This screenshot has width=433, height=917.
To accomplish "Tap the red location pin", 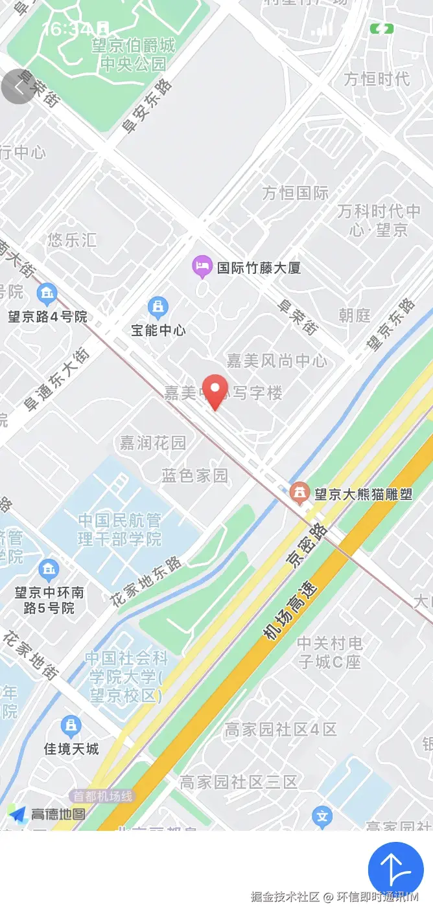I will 215,391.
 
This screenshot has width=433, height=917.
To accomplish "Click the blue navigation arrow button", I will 395,869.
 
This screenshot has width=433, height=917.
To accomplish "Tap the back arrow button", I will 18,87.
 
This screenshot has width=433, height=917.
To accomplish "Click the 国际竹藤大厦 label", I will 259,267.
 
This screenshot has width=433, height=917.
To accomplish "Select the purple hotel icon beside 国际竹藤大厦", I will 202,265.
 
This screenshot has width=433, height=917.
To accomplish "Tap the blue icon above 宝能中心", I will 158,306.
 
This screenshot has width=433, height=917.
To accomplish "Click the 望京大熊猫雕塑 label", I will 363,494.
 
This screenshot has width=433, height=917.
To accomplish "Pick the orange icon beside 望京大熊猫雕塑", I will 299,493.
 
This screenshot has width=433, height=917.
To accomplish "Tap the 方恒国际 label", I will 296,192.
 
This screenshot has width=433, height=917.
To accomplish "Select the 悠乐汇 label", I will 72,240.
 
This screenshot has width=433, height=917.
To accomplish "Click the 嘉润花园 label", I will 153,442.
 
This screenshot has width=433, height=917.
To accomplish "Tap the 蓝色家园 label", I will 194,476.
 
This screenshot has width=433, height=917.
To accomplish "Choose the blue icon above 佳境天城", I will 71,726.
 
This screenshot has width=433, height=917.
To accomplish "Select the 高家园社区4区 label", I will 281,729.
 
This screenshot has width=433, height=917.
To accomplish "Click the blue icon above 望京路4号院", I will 47,295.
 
